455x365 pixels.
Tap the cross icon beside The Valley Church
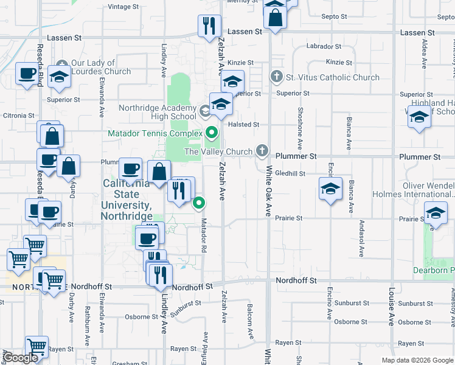pos(262,150)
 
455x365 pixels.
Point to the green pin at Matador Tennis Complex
pos(212,131)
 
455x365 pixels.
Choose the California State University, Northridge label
pos(127,200)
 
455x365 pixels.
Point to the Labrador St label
pos(324,46)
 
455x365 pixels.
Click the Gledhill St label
pos(290,173)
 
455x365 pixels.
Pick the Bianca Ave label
pos(349,134)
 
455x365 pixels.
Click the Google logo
pos(21,358)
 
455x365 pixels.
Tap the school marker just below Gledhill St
pos(330,189)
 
